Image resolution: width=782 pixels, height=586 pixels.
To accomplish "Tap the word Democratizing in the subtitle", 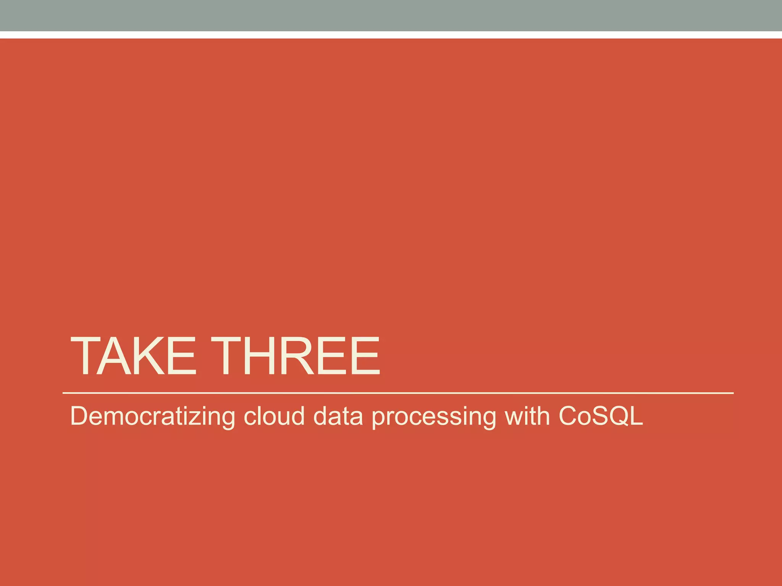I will (152, 416).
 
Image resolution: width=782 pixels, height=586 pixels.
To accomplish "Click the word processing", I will (434, 417).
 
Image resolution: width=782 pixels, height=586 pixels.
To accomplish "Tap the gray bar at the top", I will (391, 15).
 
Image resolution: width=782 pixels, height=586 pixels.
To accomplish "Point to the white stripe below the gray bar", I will (391, 35).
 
